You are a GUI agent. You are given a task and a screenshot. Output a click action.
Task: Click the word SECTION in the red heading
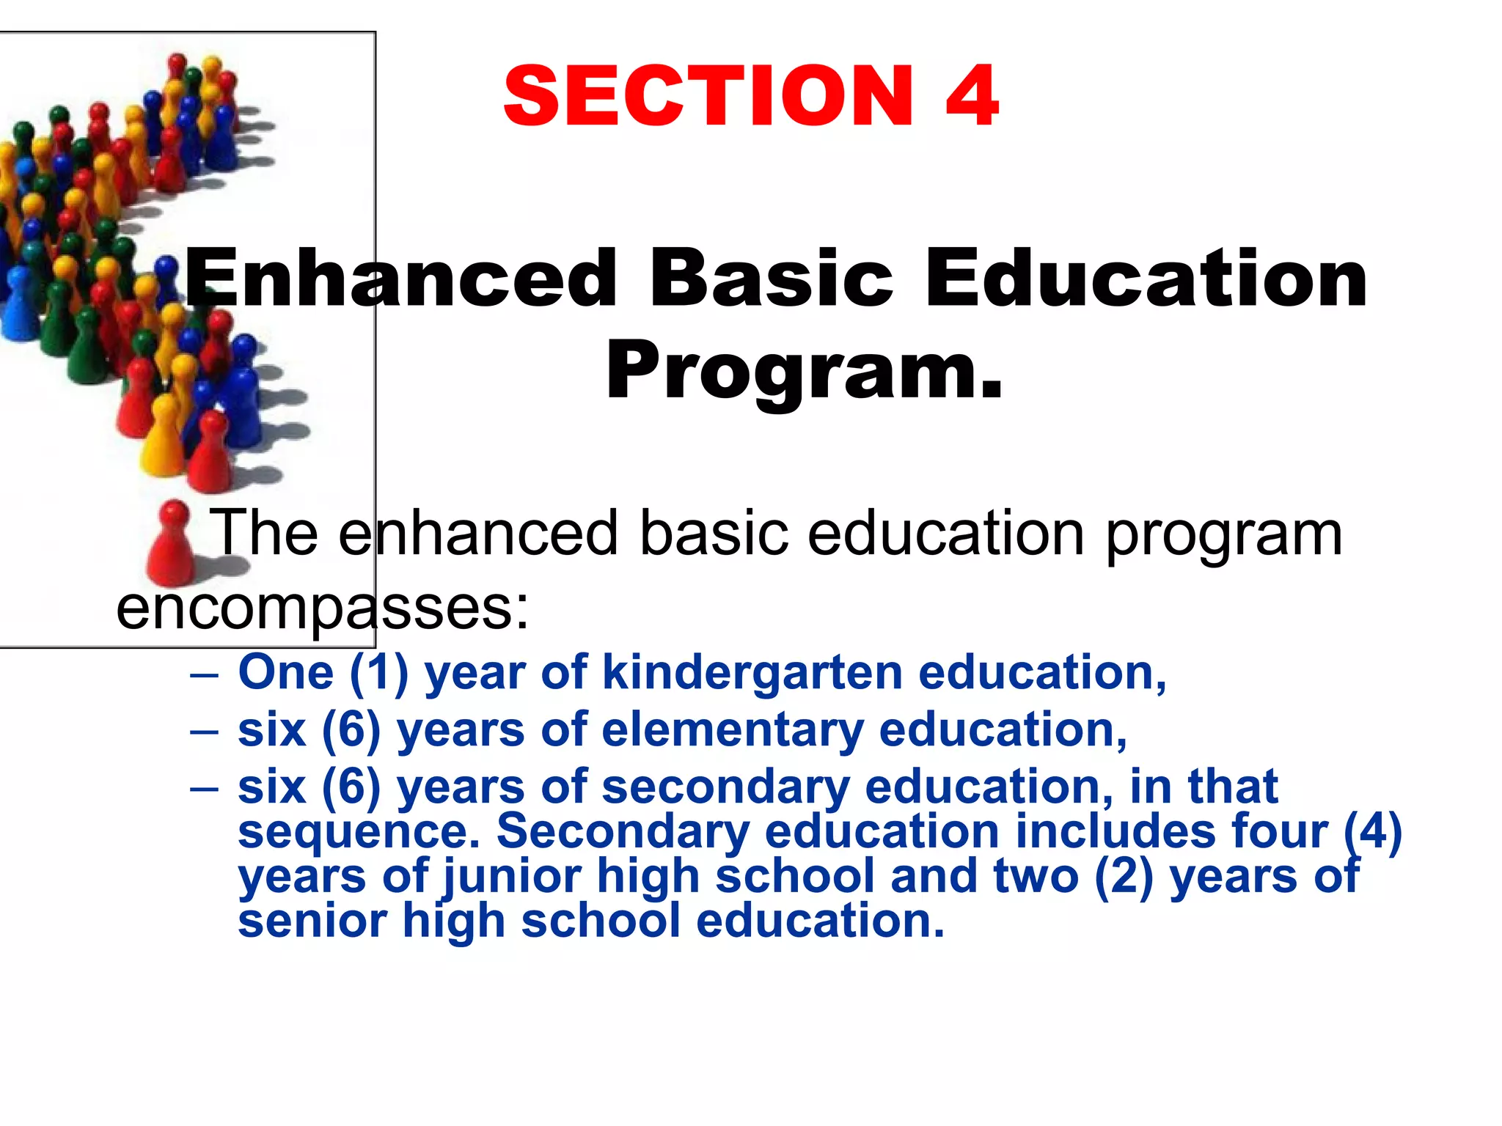pyautogui.click(x=708, y=96)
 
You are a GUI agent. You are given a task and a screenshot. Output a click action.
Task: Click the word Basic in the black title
pyautogui.click(x=771, y=279)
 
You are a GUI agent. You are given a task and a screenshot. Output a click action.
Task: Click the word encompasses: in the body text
pyautogui.click(x=323, y=608)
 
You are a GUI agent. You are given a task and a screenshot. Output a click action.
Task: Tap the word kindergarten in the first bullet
pyautogui.click(x=752, y=672)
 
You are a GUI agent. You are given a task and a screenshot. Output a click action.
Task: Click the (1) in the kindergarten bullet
pyautogui.click(x=378, y=673)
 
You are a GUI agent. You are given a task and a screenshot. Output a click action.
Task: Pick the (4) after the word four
pyautogui.click(x=1372, y=832)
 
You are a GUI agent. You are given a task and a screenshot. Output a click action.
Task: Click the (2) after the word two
pyautogui.click(x=1124, y=877)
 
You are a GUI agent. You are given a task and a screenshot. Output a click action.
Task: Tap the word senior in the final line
pyautogui.click(x=312, y=921)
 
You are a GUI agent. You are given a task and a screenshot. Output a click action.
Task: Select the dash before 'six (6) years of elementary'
pyautogui.click(x=204, y=732)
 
